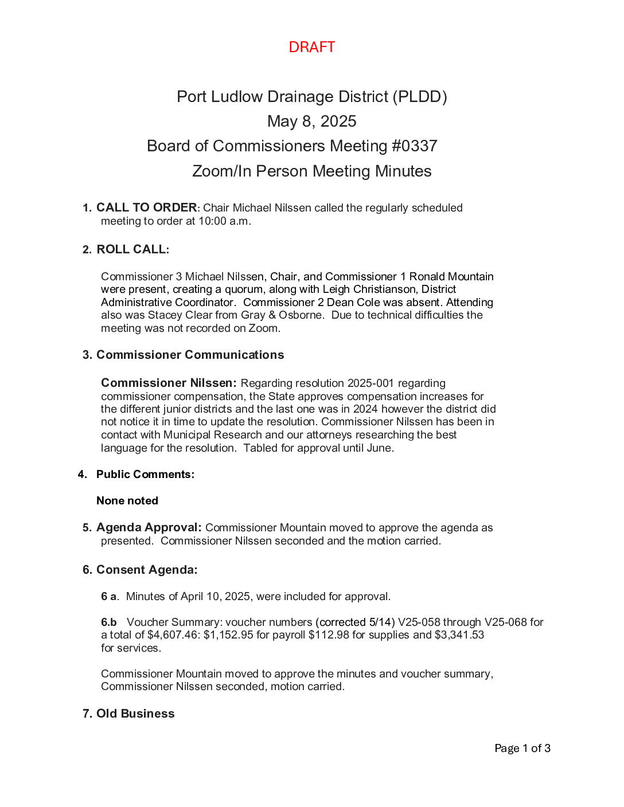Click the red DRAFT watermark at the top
coord(311,47)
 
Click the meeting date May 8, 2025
coord(311,122)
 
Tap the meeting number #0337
coord(414,146)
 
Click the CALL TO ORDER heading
coord(146,207)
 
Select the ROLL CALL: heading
coord(132,249)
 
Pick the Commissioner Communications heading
coord(190,355)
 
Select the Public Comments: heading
coord(145,474)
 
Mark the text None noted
coord(127,500)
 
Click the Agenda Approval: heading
coord(149,527)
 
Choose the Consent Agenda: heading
coord(147,570)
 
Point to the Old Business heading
coord(135,714)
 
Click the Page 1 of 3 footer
coord(522,748)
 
